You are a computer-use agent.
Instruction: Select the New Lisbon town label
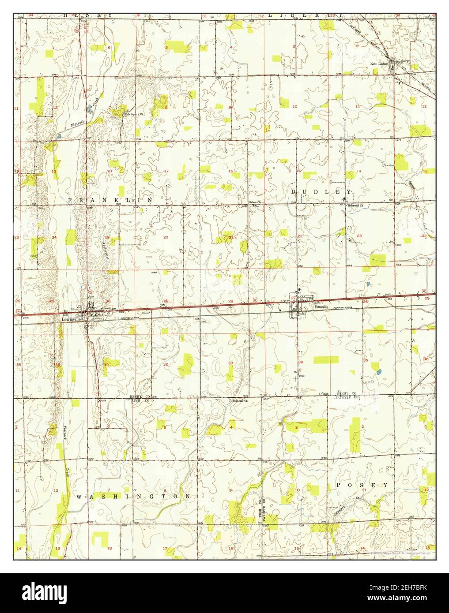click(378, 64)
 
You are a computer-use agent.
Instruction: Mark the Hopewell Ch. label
click(355, 206)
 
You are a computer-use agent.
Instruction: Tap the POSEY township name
click(362, 485)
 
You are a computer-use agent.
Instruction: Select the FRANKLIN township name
click(110, 200)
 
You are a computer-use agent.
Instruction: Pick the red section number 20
click(166, 237)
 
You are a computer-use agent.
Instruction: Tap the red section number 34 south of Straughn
click(301, 362)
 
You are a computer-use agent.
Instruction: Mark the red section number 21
click(231, 237)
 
